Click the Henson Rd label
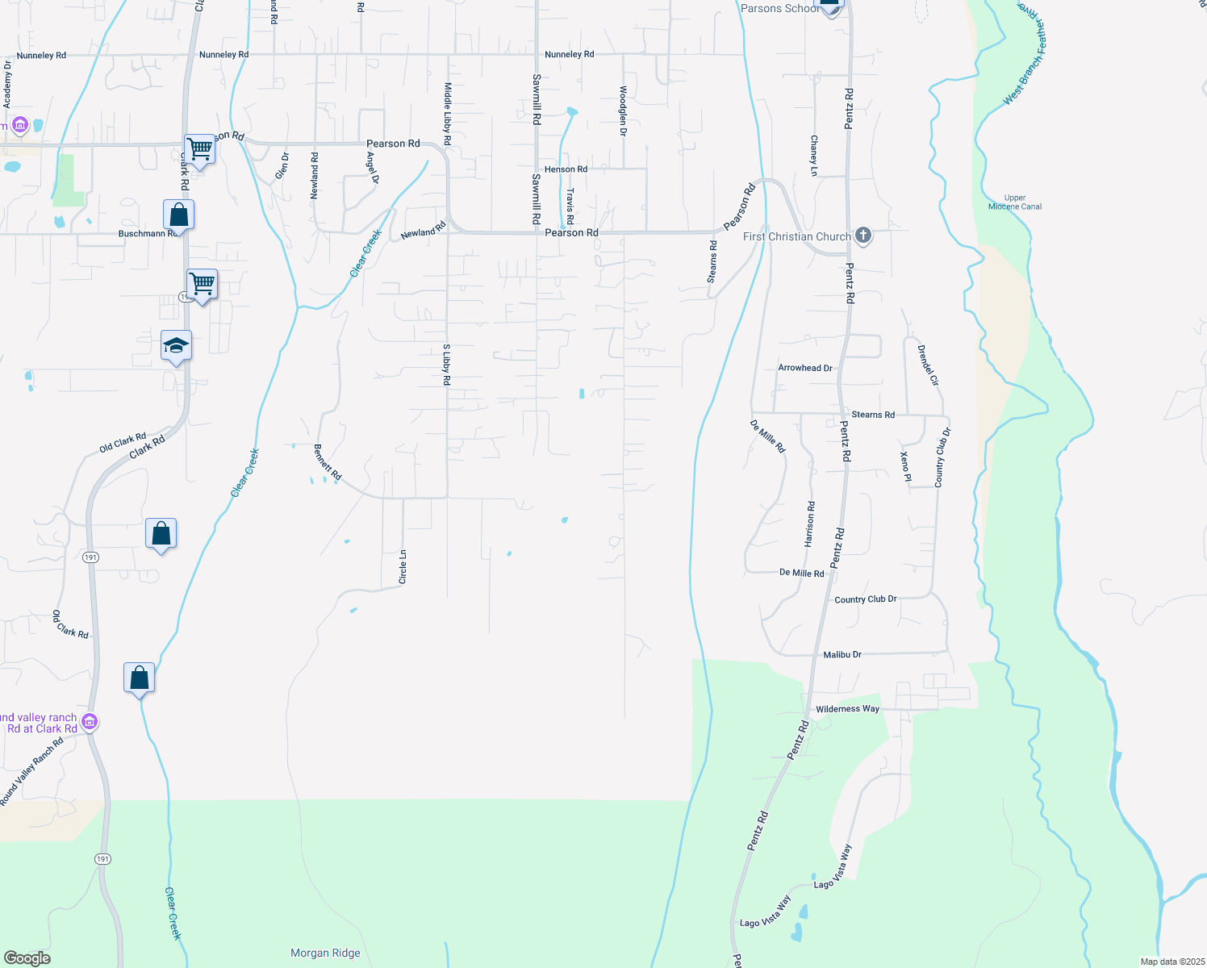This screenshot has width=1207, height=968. tap(566, 169)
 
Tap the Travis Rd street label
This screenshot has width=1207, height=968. tap(570, 207)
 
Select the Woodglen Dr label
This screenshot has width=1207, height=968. tap(623, 111)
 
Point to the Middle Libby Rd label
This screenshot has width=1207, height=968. tap(448, 114)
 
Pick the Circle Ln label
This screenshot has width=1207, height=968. tap(403, 567)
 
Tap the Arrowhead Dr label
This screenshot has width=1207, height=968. tap(804, 368)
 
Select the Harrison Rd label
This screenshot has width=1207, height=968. tap(811, 524)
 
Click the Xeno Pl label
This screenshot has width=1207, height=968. tap(905, 467)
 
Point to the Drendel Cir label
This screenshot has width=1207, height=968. tap(928, 365)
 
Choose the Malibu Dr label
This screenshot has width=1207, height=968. tap(842, 655)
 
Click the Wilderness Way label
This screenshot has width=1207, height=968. tap(847, 709)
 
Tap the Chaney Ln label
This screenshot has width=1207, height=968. tap(813, 155)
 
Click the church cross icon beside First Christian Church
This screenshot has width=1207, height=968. tap(863, 236)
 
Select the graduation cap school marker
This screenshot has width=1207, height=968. tap(176, 347)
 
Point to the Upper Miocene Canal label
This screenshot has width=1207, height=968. tap(1015, 202)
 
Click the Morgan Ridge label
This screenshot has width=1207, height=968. tap(325, 953)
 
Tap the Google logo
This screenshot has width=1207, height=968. tap(27, 958)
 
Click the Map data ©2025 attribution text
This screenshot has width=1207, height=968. tap(1170, 962)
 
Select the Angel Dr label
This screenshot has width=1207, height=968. tap(372, 168)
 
